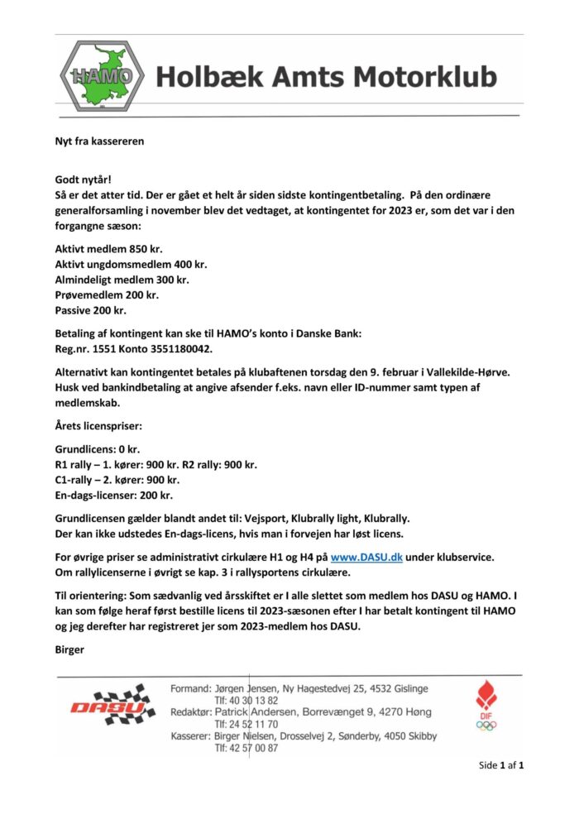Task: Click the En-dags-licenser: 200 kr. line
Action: (112, 495)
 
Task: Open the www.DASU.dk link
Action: (366, 558)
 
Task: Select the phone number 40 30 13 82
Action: (246, 700)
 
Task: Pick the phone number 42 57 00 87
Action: (246, 748)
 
